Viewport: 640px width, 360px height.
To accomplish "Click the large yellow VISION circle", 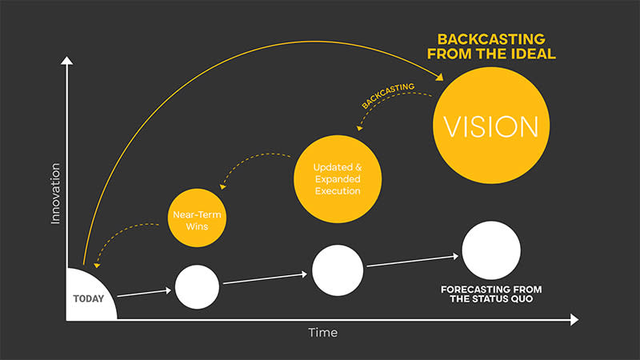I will coord(491,126).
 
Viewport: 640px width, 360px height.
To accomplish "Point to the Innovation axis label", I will coord(55,193).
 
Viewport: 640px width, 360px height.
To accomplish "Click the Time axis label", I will coord(322,332).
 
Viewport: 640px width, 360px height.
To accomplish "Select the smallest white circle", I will coord(197,286).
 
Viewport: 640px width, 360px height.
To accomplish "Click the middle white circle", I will coord(338,270).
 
